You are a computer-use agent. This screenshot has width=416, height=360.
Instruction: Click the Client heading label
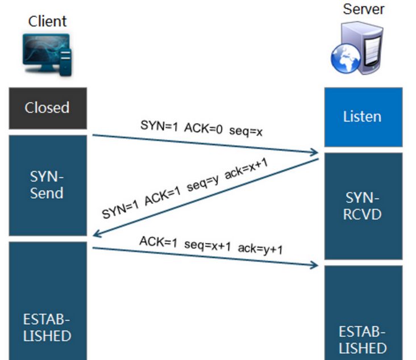click(47, 22)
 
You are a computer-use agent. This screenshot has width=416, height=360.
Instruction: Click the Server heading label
click(364, 9)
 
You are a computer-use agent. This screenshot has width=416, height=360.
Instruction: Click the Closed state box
click(47, 108)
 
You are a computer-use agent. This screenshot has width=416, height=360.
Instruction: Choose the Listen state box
click(363, 117)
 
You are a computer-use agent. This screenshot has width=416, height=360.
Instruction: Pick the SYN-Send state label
click(47, 185)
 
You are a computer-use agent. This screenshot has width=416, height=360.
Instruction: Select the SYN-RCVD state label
click(363, 206)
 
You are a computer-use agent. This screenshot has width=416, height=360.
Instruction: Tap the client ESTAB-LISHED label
click(47, 326)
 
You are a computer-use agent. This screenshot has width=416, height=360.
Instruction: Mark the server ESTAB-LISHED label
click(363, 340)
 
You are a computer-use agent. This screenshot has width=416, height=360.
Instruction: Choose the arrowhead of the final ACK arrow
click(314, 265)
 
